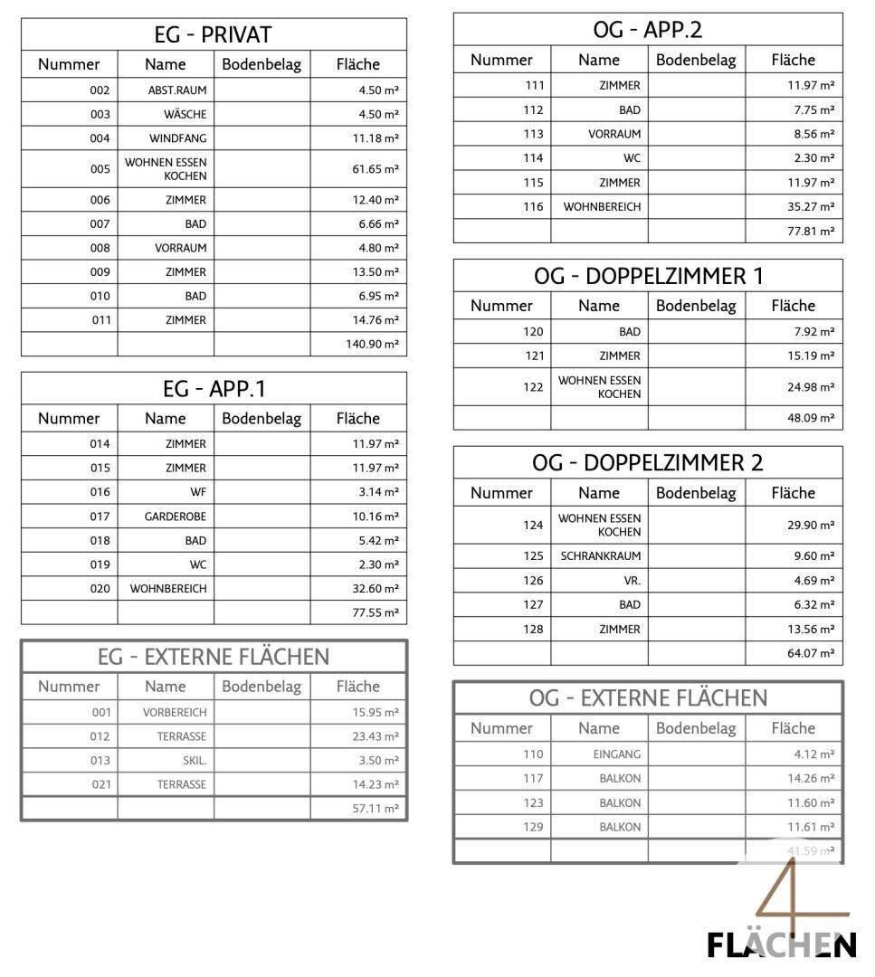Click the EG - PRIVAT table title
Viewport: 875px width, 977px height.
(x=213, y=35)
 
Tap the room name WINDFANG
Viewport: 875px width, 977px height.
(x=177, y=138)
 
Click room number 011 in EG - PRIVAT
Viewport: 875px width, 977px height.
(x=100, y=320)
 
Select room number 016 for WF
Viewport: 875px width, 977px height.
(x=100, y=492)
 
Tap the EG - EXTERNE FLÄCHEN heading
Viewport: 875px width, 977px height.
(x=213, y=657)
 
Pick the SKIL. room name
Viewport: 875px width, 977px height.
(x=192, y=761)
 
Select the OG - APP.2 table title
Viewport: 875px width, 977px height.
(x=647, y=30)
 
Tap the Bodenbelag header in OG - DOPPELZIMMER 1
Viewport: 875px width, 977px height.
(x=696, y=306)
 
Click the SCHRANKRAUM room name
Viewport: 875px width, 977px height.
(x=600, y=556)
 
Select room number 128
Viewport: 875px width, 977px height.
(x=533, y=630)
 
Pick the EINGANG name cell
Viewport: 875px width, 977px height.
(x=617, y=754)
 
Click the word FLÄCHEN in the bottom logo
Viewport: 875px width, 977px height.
(x=781, y=945)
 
